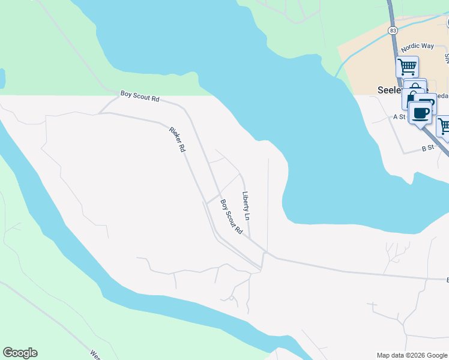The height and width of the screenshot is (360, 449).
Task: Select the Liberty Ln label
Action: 246,205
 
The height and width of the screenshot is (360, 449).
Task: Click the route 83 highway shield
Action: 393,29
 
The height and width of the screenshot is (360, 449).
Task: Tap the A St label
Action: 400,117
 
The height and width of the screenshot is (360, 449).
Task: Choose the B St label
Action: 427,148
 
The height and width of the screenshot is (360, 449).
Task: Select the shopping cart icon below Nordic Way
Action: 408,66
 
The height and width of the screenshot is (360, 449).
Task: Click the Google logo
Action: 20,353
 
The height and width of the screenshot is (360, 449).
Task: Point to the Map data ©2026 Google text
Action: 411,355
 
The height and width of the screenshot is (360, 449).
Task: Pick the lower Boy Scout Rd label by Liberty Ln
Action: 231,217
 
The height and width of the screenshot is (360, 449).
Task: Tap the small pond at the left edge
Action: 2,78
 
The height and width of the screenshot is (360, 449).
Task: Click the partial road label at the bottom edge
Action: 95,355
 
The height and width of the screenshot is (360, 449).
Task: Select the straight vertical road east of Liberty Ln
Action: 268,204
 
